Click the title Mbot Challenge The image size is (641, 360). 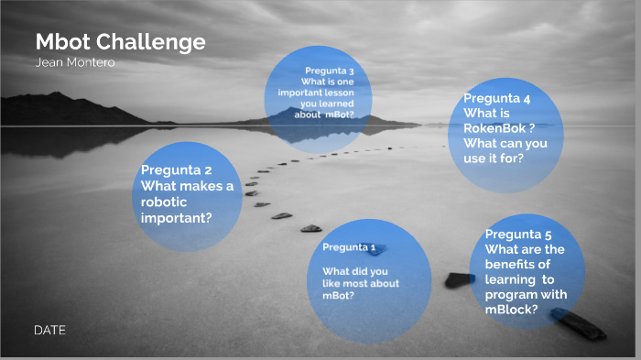click(120, 42)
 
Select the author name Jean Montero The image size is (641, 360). click(75, 62)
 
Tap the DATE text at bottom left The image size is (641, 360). click(49, 329)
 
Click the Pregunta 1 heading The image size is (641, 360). click(349, 247)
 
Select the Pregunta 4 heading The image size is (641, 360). click(497, 98)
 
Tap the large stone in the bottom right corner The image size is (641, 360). click(576, 323)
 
